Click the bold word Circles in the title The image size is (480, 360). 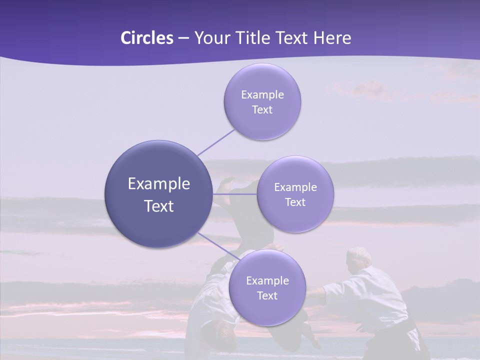click(146, 38)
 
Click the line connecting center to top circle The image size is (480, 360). click(215, 142)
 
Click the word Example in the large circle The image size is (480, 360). click(158, 184)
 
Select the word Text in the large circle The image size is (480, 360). click(158, 206)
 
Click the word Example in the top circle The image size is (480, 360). click(262, 95)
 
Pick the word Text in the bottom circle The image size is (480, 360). click(267, 296)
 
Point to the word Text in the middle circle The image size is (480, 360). click(295, 202)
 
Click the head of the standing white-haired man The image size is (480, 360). click(359, 256)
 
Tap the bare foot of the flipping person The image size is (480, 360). click(227, 184)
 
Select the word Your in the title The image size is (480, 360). click(211, 38)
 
